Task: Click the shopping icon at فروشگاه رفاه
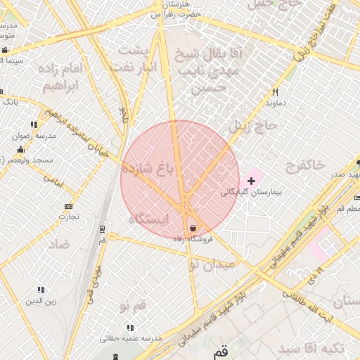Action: tap(193, 228)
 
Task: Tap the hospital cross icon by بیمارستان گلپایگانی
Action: tap(251, 181)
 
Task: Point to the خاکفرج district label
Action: tap(305, 165)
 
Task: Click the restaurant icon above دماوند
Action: tap(275, 92)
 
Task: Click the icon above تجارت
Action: tap(68, 206)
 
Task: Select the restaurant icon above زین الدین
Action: tap(41, 290)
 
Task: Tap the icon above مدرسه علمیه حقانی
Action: tap(130, 328)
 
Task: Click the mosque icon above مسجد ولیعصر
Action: tap(20, 149)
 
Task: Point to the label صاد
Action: tap(59, 244)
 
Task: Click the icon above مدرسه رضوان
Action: tap(34, 124)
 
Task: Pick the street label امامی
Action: tap(53, 181)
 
